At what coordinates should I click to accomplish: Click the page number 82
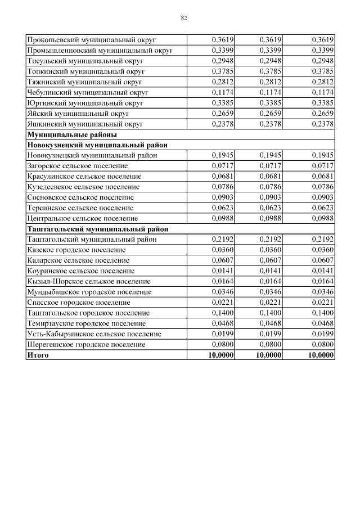pos(183,18)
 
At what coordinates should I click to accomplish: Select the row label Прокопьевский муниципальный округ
pos(91,40)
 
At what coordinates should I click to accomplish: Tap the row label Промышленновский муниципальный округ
pos(100,51)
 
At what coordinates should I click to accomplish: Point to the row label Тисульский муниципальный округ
pos(85,61)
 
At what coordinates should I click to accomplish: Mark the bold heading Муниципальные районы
pos(72,134)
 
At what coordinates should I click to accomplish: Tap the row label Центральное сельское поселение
pos(82,218)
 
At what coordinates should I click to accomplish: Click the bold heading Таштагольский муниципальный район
pos(97,229)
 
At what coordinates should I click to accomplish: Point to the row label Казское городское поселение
pos(76,250)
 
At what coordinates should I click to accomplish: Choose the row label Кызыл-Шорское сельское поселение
pos(89,281)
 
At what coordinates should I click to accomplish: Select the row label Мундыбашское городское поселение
pos(89,292)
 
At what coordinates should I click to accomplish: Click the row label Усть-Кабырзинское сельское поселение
pos(94,334)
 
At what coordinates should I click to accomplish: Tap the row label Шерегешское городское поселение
pos(85,344)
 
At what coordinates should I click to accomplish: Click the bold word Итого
pos(38,355)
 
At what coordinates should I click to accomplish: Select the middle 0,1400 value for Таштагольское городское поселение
pos(271,313)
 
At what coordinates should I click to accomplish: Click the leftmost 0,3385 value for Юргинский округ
pos(223,103)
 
